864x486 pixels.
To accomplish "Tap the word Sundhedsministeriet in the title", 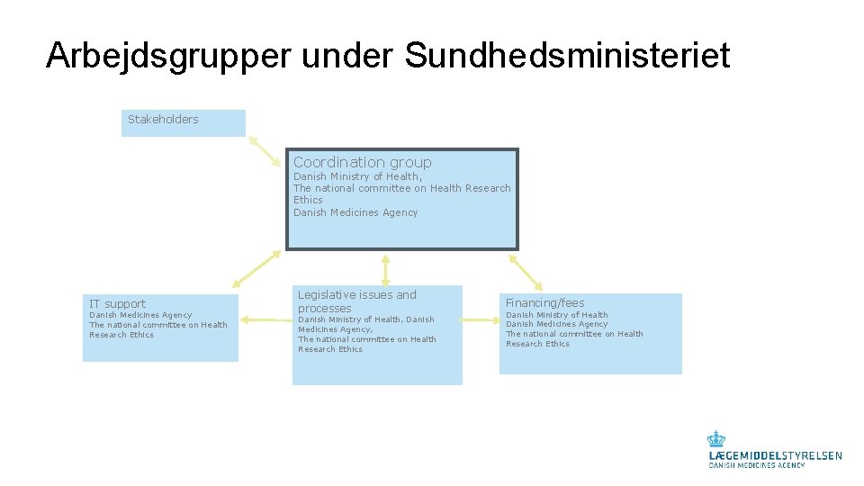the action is [567, 56].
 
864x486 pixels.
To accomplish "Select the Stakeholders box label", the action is [163, 120].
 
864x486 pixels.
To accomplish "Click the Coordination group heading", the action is [362, 163].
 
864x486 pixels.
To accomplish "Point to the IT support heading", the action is [117, 304].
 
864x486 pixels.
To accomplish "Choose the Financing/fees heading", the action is [544, 303].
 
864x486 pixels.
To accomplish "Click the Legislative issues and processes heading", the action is [356, 301].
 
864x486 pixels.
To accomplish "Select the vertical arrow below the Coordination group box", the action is [385, 269].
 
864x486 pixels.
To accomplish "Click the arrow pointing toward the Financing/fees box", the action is [526, 271].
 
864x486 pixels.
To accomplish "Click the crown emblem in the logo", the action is [715, 439].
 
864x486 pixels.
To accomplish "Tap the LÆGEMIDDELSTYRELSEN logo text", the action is [775, 456].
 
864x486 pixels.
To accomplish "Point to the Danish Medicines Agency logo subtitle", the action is [756, 465].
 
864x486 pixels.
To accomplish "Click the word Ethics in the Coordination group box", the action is [308, 201].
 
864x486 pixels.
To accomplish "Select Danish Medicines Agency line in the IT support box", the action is [140, 315].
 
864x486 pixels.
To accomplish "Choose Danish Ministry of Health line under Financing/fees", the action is [556, 315].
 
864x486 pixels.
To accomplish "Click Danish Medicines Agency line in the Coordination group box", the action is [355, 213].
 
